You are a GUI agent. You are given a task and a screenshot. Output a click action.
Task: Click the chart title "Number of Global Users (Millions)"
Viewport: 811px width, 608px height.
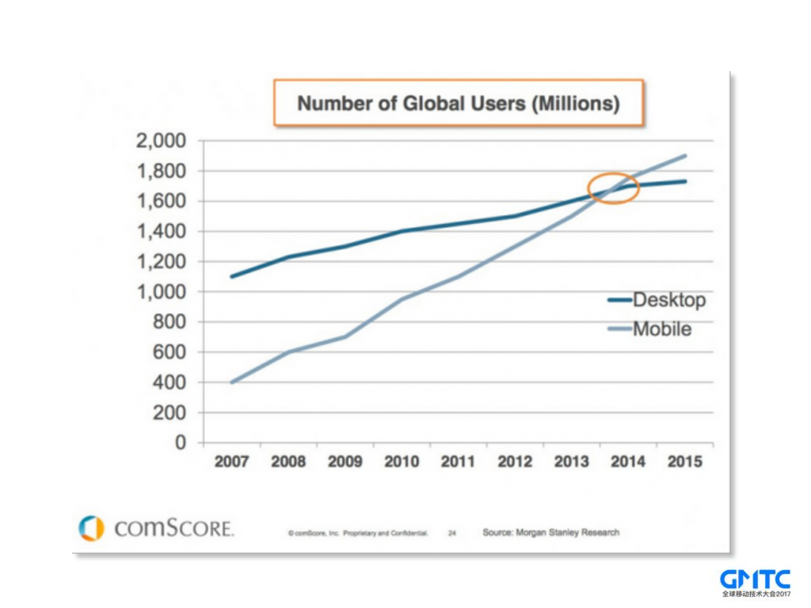pos(458,103)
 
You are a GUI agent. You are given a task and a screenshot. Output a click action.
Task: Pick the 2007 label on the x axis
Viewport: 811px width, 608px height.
pos(231,462)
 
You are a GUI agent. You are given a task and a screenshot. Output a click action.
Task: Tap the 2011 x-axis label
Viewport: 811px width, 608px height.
pos(458,462)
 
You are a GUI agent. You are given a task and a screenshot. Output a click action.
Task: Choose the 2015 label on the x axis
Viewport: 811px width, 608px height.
pos(684,462)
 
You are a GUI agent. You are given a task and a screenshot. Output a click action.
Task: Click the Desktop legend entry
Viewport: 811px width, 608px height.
pos(657,300)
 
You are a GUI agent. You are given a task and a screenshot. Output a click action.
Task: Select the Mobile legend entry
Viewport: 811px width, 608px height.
pos(649,329)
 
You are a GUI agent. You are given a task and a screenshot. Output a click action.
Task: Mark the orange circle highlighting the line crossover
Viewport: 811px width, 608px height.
pos(613,188)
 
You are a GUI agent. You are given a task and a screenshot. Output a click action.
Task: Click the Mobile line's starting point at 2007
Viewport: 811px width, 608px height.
pos(231,382)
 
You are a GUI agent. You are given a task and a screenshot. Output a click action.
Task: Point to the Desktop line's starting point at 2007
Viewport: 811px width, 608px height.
pos(231,276)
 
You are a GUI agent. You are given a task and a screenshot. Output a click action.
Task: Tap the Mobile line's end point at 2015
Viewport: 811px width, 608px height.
pos(685,156)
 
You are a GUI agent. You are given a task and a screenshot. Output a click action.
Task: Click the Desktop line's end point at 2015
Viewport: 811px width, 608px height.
pos(685,181)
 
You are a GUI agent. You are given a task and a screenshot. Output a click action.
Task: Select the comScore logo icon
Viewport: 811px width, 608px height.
pos(91,528)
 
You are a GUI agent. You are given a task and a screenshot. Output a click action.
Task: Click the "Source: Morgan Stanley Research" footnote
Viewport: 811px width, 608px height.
pos(551,532)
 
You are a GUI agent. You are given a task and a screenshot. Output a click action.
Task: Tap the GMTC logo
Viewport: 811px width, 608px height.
pos(755,582)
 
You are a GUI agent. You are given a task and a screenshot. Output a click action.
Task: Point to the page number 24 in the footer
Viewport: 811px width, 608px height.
pos(451,534)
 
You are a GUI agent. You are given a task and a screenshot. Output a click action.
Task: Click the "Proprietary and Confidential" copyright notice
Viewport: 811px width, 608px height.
pos(358,534)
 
